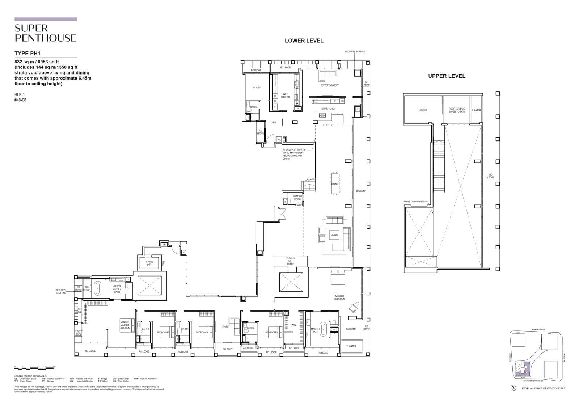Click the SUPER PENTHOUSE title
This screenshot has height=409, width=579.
45,33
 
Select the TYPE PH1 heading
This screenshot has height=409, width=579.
28,54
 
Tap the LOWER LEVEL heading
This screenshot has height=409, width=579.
304,41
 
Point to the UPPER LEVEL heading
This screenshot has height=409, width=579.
447,76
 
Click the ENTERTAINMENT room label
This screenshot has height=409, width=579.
330,85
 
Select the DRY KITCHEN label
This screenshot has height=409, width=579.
328,109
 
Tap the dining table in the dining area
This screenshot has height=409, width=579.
335,184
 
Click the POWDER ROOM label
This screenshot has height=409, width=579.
297,198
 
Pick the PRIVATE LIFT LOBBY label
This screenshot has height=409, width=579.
291,261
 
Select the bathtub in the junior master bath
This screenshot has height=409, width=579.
97,289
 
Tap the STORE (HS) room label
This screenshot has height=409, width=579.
149,263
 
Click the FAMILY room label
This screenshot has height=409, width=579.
226,326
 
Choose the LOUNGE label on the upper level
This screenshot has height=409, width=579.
423,110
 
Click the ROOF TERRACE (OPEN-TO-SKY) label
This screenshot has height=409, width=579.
457,110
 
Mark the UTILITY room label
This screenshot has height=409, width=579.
257,87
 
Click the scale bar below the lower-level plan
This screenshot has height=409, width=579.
35,367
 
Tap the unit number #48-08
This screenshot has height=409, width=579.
20,100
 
